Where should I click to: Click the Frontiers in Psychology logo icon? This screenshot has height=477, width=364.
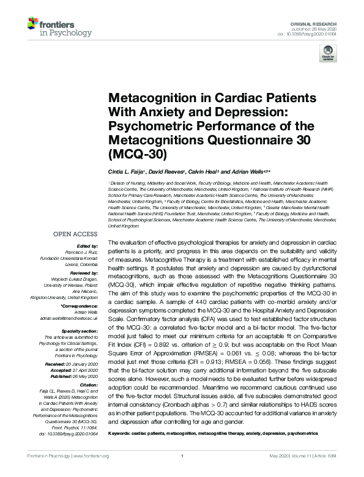coord(34,25)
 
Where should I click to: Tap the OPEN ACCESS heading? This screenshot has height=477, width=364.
coord(75,234)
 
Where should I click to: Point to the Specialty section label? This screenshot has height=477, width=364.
coord(80,330)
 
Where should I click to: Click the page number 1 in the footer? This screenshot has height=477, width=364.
coord(182,472)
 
